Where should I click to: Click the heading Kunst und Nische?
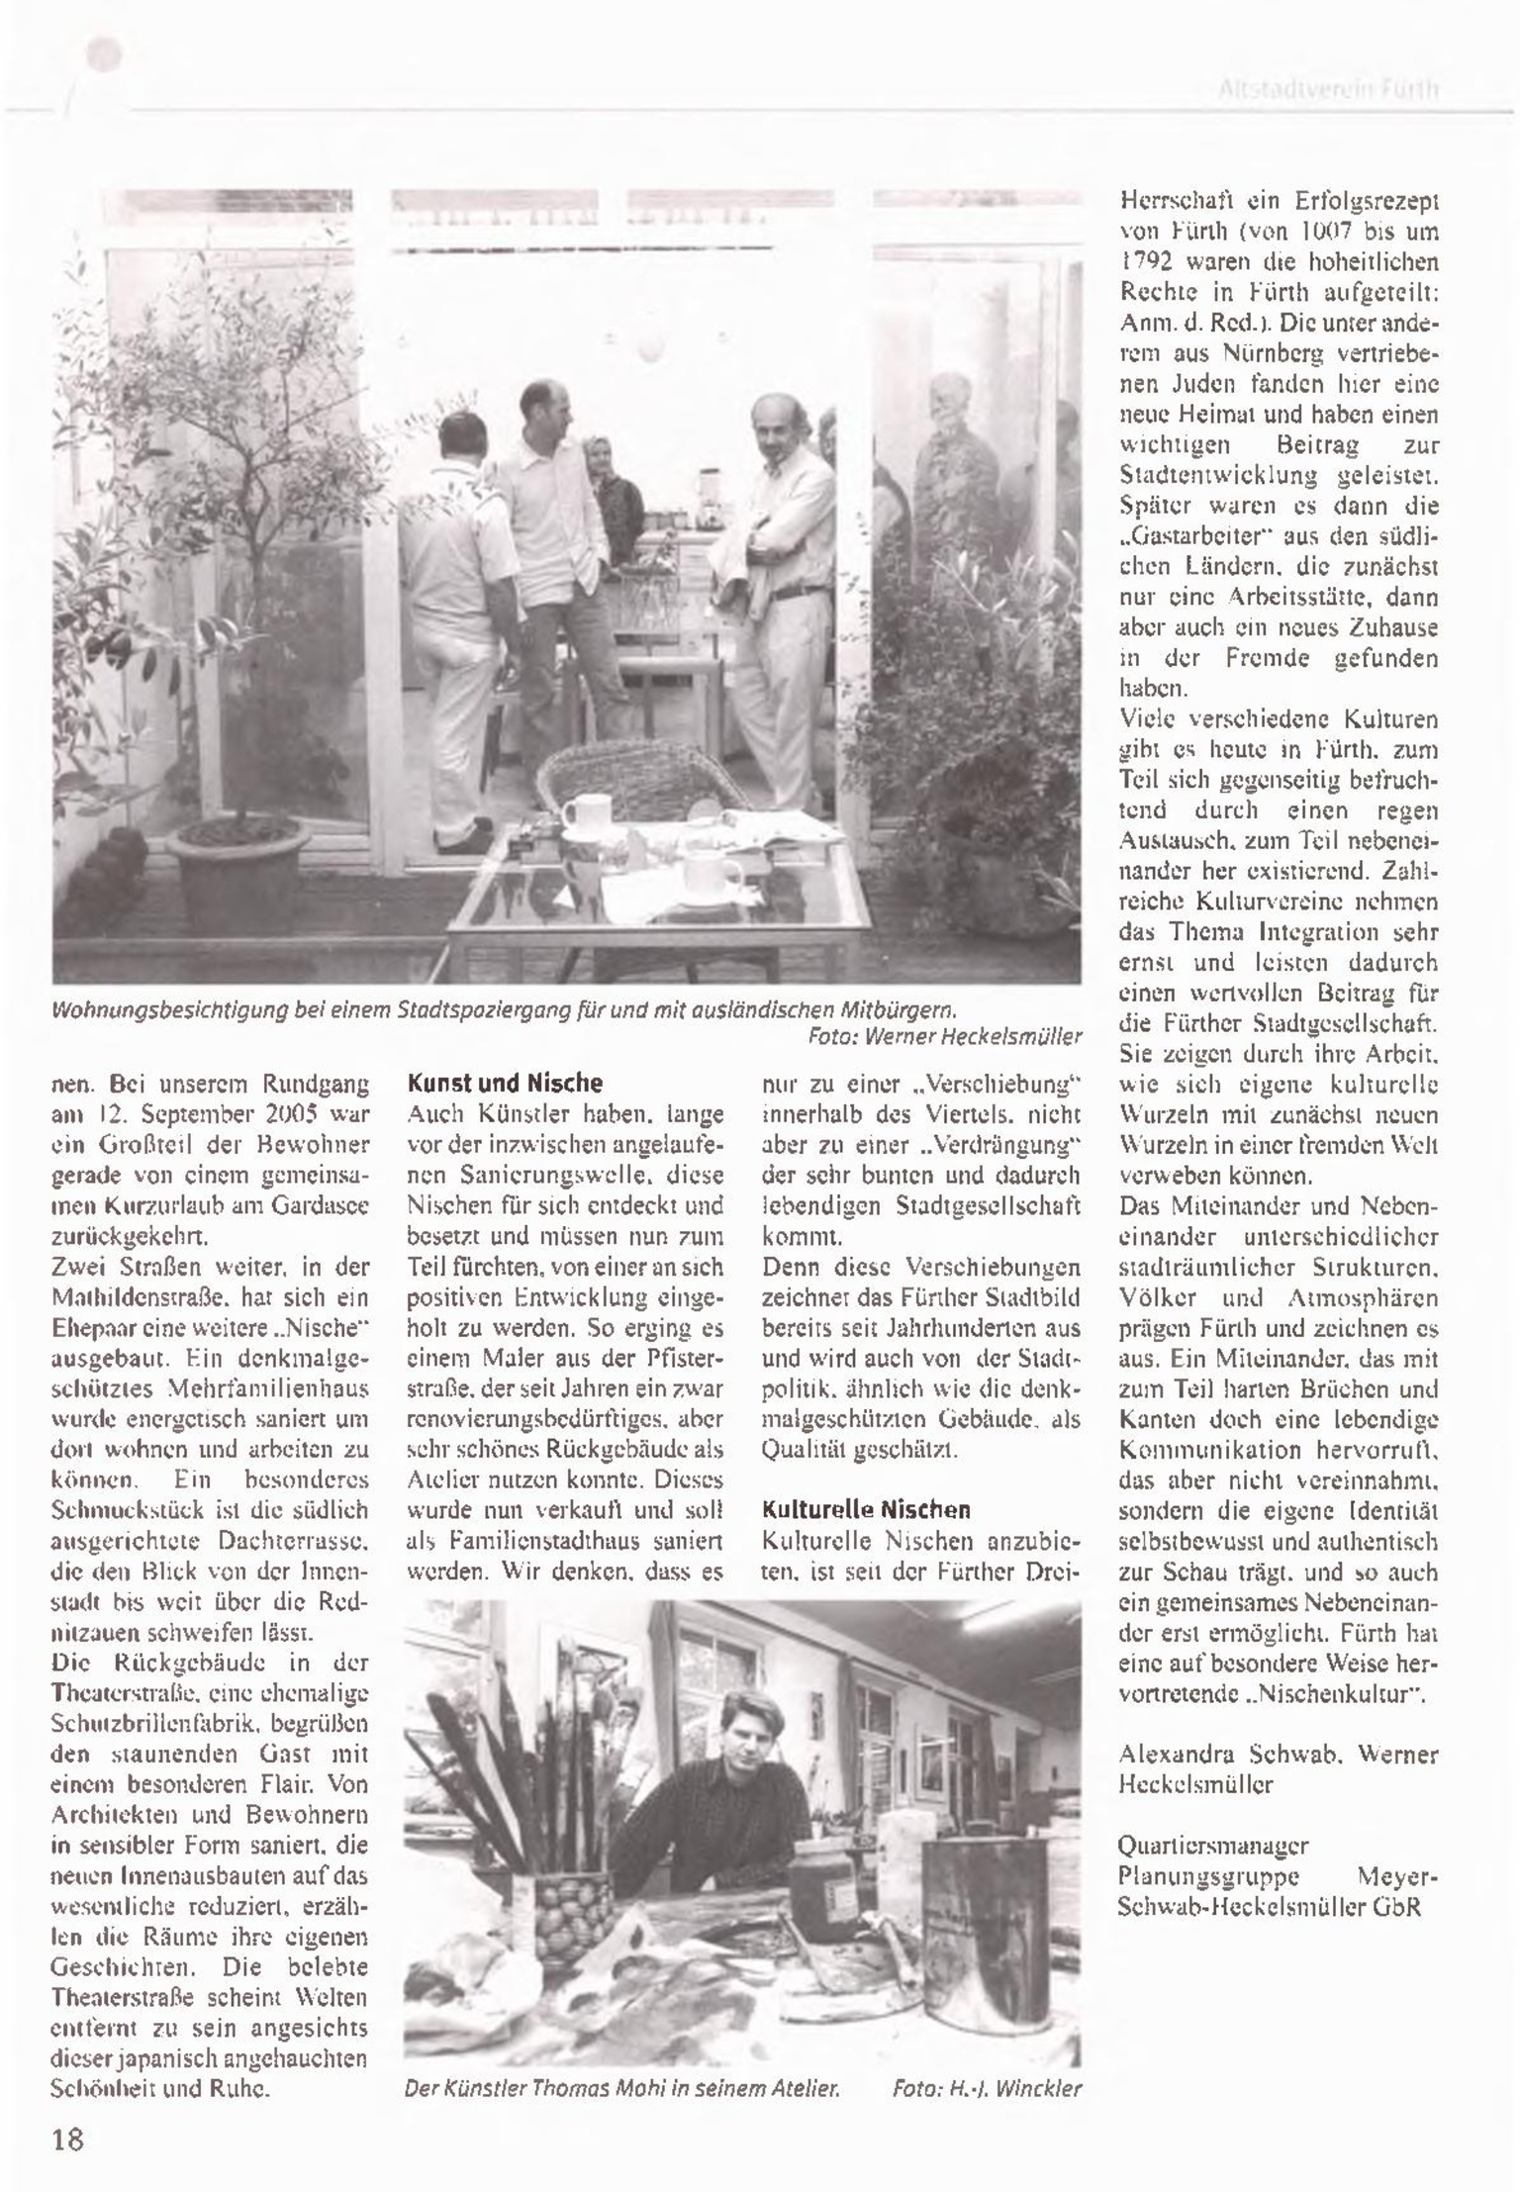pos(505,1084)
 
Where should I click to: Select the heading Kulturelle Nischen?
pos(866,1511)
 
